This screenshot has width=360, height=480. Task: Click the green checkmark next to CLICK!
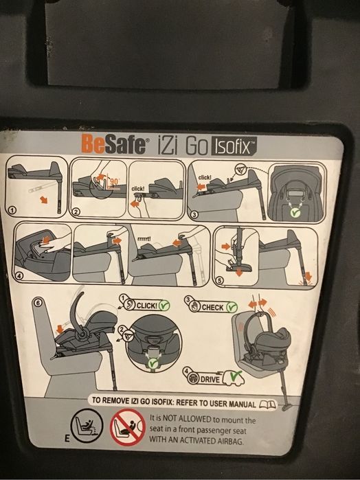pos(164,304)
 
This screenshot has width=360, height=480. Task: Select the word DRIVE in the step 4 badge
pos(210,377)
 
